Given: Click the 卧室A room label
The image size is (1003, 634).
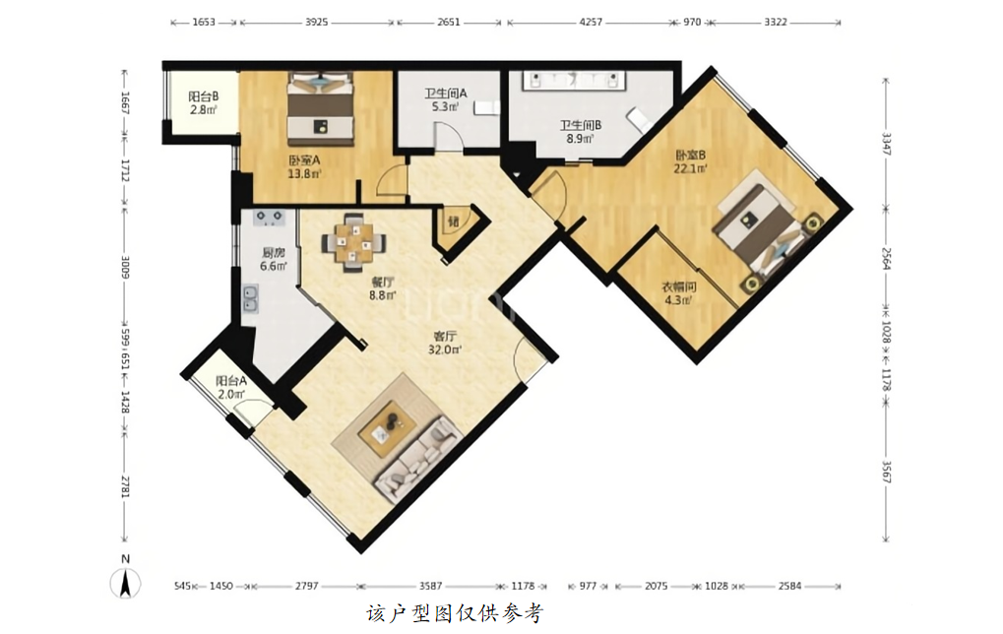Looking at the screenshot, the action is [304, 160].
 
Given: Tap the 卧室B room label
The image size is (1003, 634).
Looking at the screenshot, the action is [690, 156].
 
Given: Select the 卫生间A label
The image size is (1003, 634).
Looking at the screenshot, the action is [445, 94].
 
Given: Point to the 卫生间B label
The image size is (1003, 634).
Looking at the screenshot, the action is [580, 125].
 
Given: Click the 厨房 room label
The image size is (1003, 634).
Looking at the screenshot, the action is [273, 253].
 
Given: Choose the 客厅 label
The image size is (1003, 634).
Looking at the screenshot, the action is [445, 336].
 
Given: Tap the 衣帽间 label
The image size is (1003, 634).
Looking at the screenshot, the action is [679, 287].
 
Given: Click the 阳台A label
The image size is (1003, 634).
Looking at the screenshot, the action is [231, 381].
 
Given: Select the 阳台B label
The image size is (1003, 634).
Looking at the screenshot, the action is [204, 96].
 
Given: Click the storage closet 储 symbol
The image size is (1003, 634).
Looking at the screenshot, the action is [454, 222].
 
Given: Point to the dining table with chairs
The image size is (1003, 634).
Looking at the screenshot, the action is [353, 242].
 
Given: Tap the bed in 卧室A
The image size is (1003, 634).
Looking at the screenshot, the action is [320, 107].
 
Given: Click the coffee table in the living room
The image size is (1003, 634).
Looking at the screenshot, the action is [389, 427].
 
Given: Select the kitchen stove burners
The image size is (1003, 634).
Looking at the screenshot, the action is [269, 218].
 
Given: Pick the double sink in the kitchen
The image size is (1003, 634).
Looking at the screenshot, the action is [250, 299].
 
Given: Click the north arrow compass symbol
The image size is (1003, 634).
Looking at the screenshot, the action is [125, 583].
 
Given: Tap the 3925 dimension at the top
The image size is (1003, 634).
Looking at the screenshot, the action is [316, 22].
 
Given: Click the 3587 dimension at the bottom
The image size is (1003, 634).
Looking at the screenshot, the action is [430, 586].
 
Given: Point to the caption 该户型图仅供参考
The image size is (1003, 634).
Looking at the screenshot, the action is [454, 613].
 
